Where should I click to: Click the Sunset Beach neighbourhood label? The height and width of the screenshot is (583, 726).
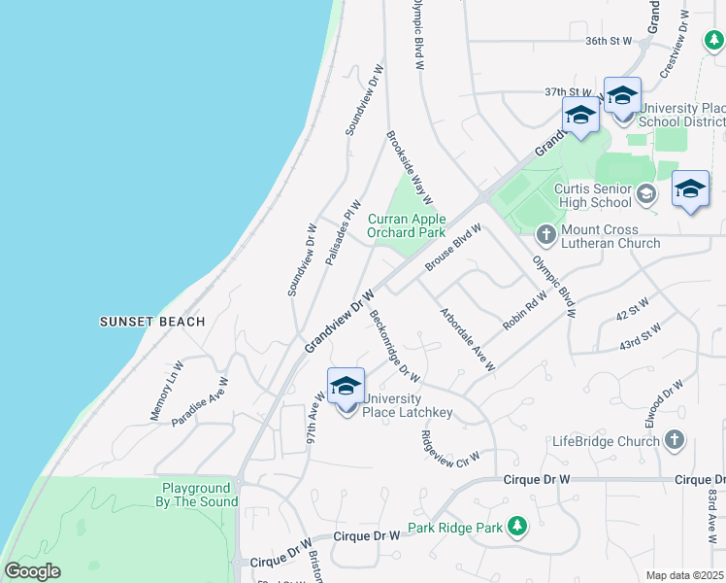point(152,322)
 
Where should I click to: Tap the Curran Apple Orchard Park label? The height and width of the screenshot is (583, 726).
point(406,226)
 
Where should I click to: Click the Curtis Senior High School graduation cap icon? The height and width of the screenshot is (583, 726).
point(644,196)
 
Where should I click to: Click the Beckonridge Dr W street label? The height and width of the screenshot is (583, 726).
point(395,338)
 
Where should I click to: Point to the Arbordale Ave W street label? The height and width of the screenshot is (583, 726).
point(467,339)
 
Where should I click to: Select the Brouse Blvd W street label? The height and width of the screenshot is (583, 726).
point(452,248)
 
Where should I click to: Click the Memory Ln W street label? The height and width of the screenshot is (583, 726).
point(167,391)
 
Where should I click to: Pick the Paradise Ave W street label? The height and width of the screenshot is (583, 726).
point(200,403)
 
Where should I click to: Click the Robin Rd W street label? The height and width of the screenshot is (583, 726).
point(526,309)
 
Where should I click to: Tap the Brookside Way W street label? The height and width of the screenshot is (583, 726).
point(410,168)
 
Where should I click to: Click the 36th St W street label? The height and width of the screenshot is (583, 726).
point(609,41)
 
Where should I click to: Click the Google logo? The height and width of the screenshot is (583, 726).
point(31,571)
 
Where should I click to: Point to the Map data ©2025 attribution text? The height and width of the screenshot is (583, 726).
point(685,575)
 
